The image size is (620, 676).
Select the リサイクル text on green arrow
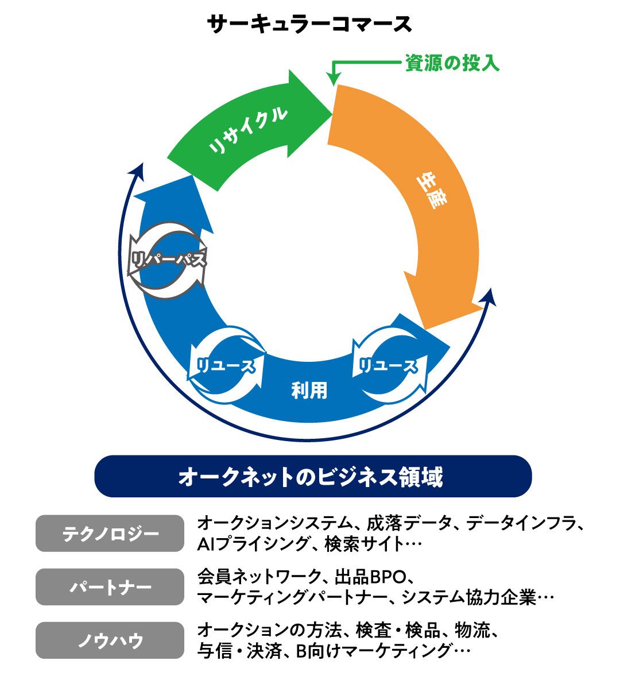pyautogui.click(x=248, y=130)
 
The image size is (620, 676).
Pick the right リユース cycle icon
pyautogui.click(x=388, y=365)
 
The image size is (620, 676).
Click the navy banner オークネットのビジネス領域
pyautogui.click(x=313, y=476)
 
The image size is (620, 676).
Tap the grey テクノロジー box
pyautogui.click(x=110, y=534)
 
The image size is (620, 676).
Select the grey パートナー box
pyautogui.click(x=110, y=587)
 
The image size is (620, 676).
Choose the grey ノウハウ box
pyautogui.click(x=110, y=640)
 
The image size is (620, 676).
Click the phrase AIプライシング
pyautogui.click(x=254, y=544)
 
